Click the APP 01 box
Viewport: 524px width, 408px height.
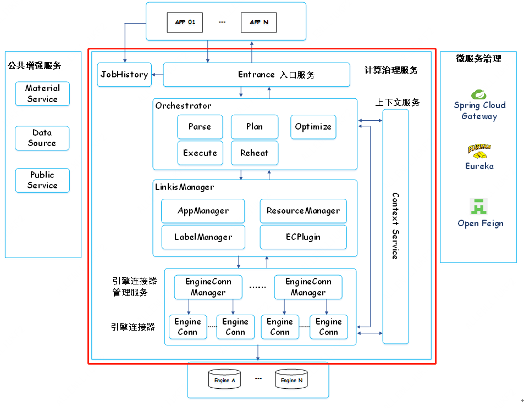tap(185, 23)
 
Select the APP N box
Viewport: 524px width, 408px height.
tap(258, 23)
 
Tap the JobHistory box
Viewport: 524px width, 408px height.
tap(124, 75)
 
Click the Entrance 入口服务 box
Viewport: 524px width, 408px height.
tap(256, 75)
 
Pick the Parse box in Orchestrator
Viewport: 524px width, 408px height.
tap(200, 127)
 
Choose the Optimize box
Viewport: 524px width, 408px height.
tap(313, 127)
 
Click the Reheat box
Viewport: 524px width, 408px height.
tap(255, 153)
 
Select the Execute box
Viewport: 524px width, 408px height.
tap(200, 153)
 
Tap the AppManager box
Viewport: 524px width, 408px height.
tap(203, 211)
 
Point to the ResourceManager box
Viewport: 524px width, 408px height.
tap(303, 211)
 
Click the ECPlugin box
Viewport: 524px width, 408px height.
tap(303, 237)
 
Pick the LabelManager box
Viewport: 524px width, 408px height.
tap(203, 237)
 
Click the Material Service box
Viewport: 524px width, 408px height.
tap(42, 94)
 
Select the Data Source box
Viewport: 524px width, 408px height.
tap(42, 138)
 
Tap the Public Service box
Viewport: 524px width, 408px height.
tap(42, 180)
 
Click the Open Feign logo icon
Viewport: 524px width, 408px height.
tap(479, 206)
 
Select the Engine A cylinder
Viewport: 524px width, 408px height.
tap(225, 380)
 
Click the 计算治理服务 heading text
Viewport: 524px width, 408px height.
tap(391, 70)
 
